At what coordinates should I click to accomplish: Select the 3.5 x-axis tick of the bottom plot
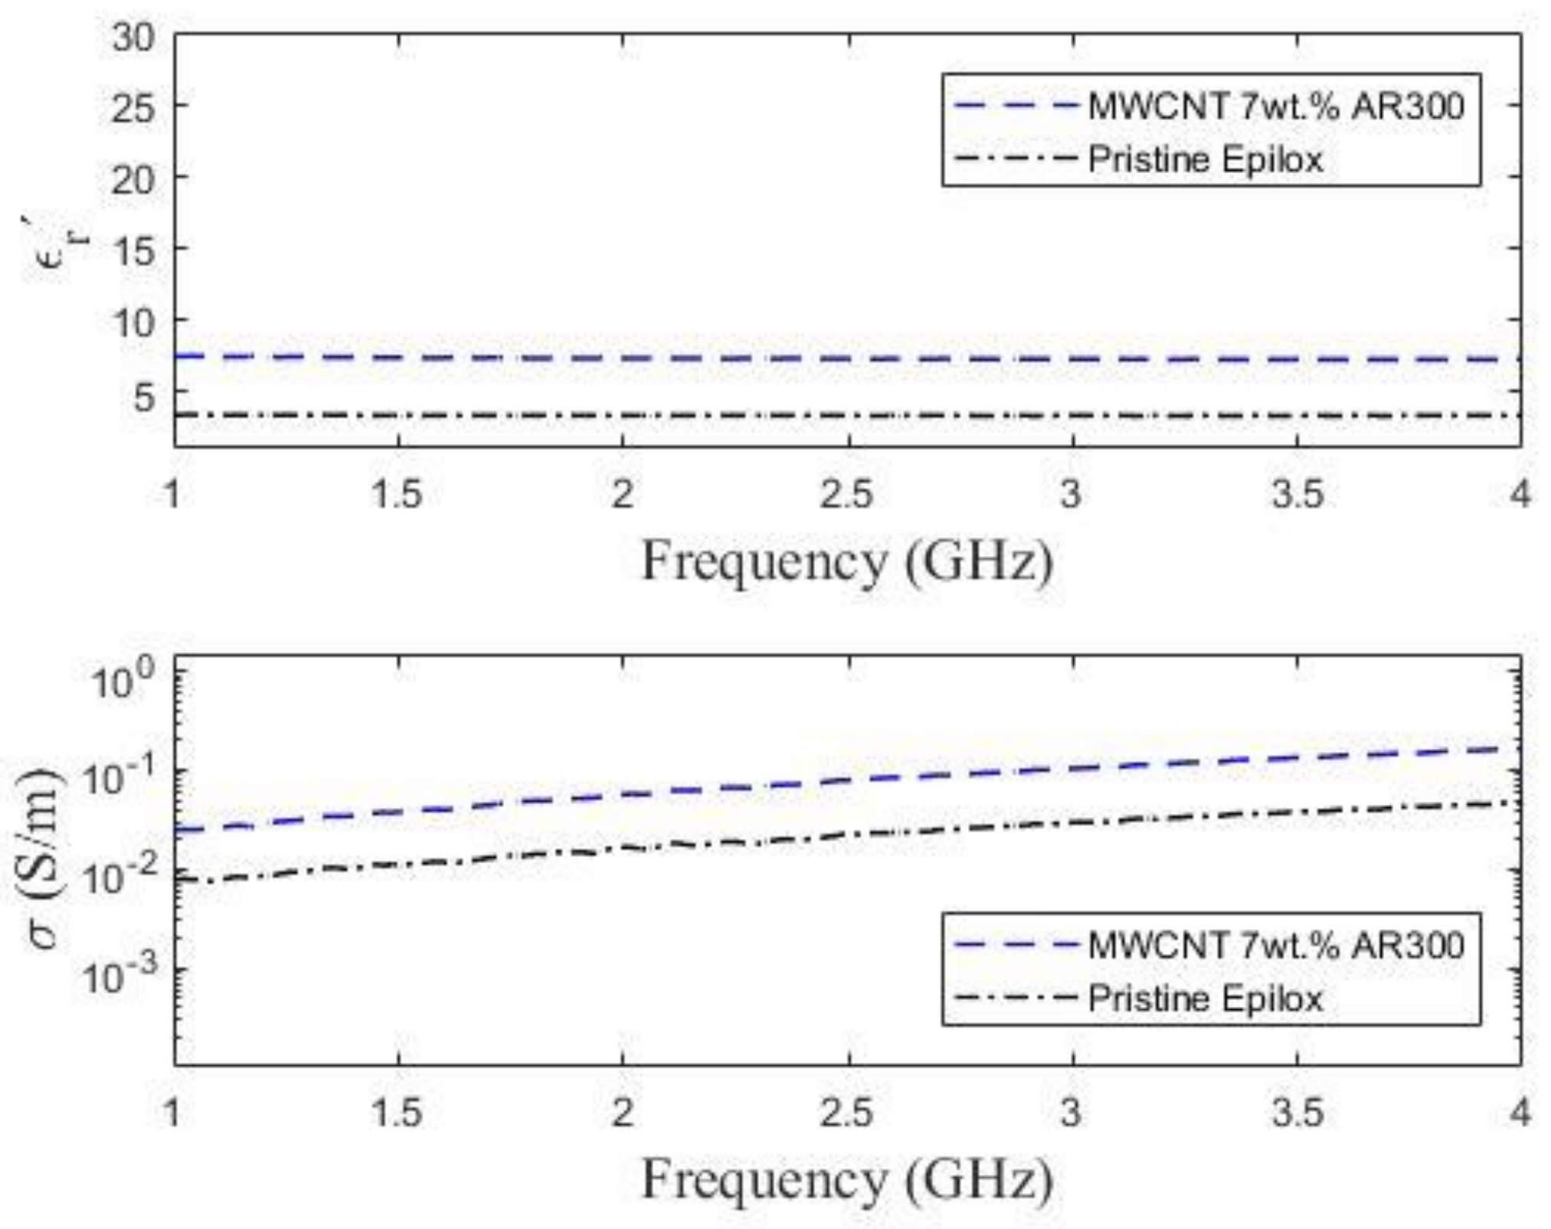tap(1297, 1112)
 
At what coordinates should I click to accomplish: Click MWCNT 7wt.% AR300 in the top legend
tap(1275, 106)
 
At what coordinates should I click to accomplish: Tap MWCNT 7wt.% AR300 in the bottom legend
tap(1275, 944)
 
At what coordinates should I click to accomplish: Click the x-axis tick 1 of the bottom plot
tap(173, 1112)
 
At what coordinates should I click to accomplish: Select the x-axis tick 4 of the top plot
tap(1520, 494)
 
